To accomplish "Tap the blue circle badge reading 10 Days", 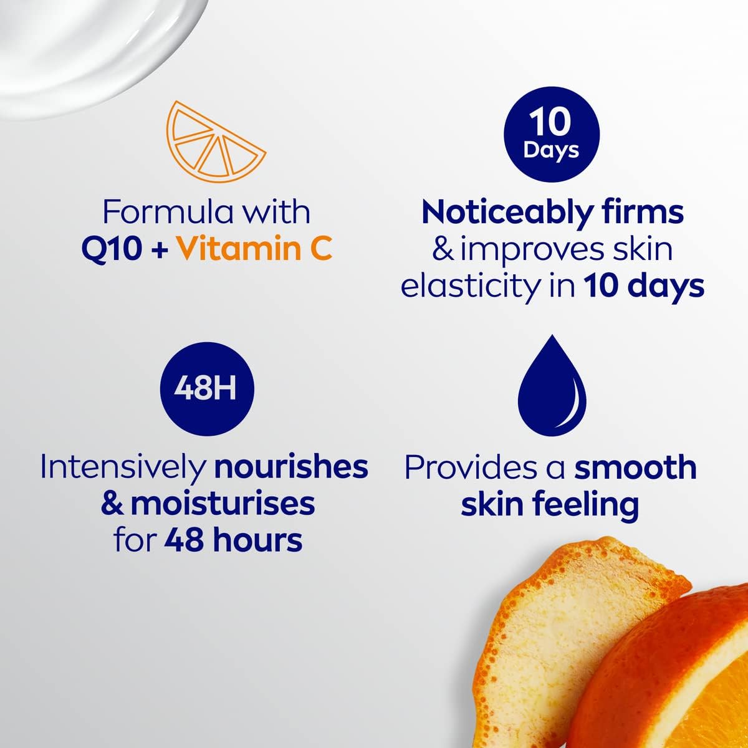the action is point(552,134).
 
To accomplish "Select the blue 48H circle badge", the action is point(207,388).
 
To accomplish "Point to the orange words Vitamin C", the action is point(255,249).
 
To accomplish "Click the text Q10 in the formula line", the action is point(110,249).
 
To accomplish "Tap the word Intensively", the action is point(123,468).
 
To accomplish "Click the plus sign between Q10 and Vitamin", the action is point(159,251).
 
